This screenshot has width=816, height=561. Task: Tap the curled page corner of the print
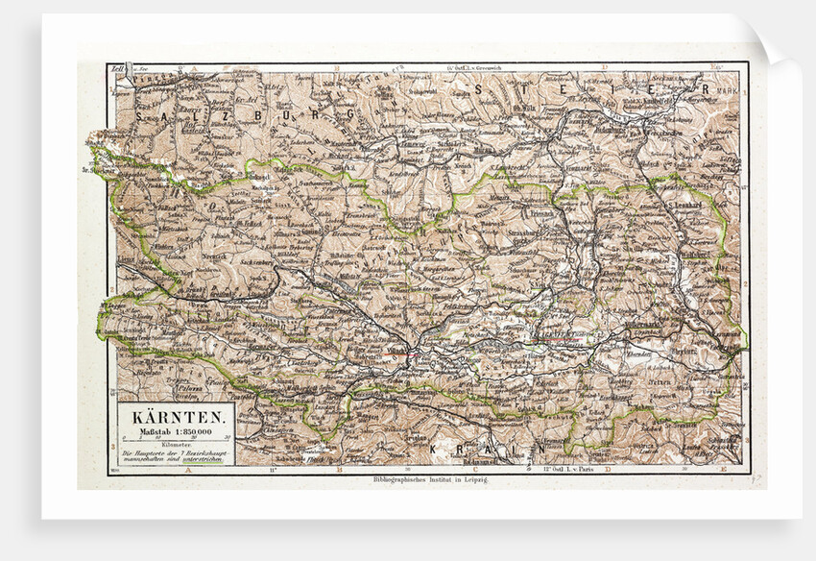(x=769, y=44)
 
